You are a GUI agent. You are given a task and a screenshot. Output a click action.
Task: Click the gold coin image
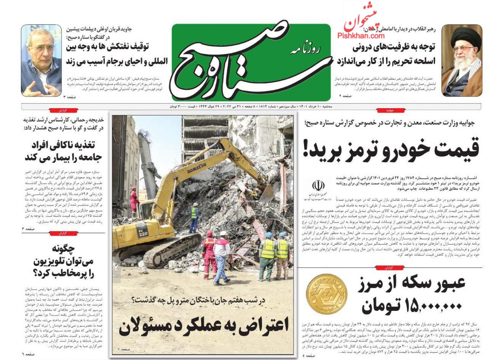327,294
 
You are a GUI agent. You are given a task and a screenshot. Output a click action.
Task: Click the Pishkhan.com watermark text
361,36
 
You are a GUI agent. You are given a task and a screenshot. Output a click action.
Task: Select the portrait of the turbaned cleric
462,61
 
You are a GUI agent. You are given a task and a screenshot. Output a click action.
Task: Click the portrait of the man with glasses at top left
42,61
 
